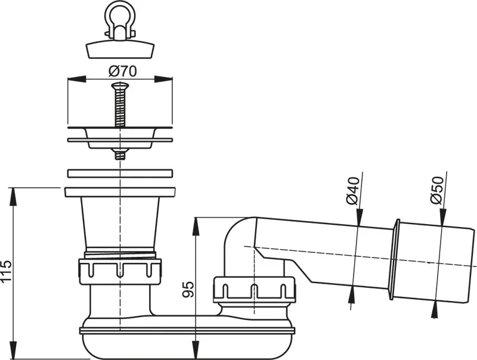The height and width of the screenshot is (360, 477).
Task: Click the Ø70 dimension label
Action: [123, 71]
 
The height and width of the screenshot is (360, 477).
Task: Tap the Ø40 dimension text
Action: [352, 191]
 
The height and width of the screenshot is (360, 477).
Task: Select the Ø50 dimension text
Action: [437, 191]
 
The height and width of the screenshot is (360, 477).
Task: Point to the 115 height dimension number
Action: [6, 271]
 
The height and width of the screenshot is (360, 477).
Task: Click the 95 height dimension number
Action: [188, 290]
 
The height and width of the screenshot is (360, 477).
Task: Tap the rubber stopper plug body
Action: [120, 50]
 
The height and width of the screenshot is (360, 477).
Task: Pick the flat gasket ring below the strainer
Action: [120, 173]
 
